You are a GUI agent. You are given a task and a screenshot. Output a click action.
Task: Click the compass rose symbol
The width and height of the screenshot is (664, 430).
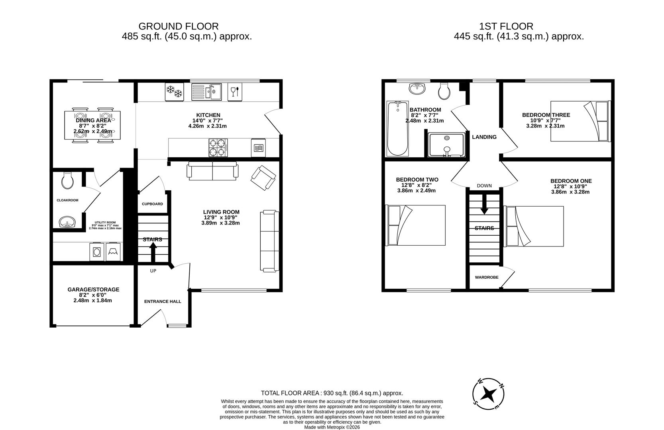[488, 394]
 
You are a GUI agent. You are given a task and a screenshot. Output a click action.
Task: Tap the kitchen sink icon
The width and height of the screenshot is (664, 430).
[206, 92]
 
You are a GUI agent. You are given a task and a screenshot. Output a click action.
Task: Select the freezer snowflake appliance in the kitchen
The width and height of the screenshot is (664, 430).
[174, 92]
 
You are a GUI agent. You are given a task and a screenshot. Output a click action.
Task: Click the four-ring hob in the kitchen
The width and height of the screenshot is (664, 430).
[218, 147]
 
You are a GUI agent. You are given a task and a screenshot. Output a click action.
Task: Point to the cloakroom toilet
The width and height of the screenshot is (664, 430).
[68, 180]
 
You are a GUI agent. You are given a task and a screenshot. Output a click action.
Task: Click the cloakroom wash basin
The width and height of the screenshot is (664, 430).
[67, 222]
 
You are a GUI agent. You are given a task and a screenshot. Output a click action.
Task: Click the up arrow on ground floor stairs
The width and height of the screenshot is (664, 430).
[153, 252]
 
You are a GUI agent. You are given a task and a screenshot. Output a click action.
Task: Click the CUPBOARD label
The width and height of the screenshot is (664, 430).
[152, 204]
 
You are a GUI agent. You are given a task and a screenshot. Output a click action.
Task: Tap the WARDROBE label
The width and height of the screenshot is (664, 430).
[487, 278]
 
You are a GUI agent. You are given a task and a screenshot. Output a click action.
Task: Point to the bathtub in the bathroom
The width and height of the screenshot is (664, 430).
[397, 128]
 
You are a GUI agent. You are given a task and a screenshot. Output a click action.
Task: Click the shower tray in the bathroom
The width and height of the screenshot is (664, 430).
[447, 145]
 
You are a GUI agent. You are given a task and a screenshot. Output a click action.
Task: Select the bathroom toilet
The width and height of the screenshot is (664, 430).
[444, 91]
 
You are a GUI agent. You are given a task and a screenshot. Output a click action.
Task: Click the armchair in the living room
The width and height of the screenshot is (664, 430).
[263, 178]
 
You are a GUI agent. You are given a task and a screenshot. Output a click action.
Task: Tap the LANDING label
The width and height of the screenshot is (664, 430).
[484, 137]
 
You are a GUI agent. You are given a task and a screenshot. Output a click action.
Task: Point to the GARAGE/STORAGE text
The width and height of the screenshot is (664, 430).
[93, 289]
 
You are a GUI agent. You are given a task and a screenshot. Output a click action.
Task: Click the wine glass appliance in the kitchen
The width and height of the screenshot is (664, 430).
[235, 92]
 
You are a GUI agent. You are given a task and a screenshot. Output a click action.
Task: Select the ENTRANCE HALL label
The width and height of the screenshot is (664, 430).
[163, 301]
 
